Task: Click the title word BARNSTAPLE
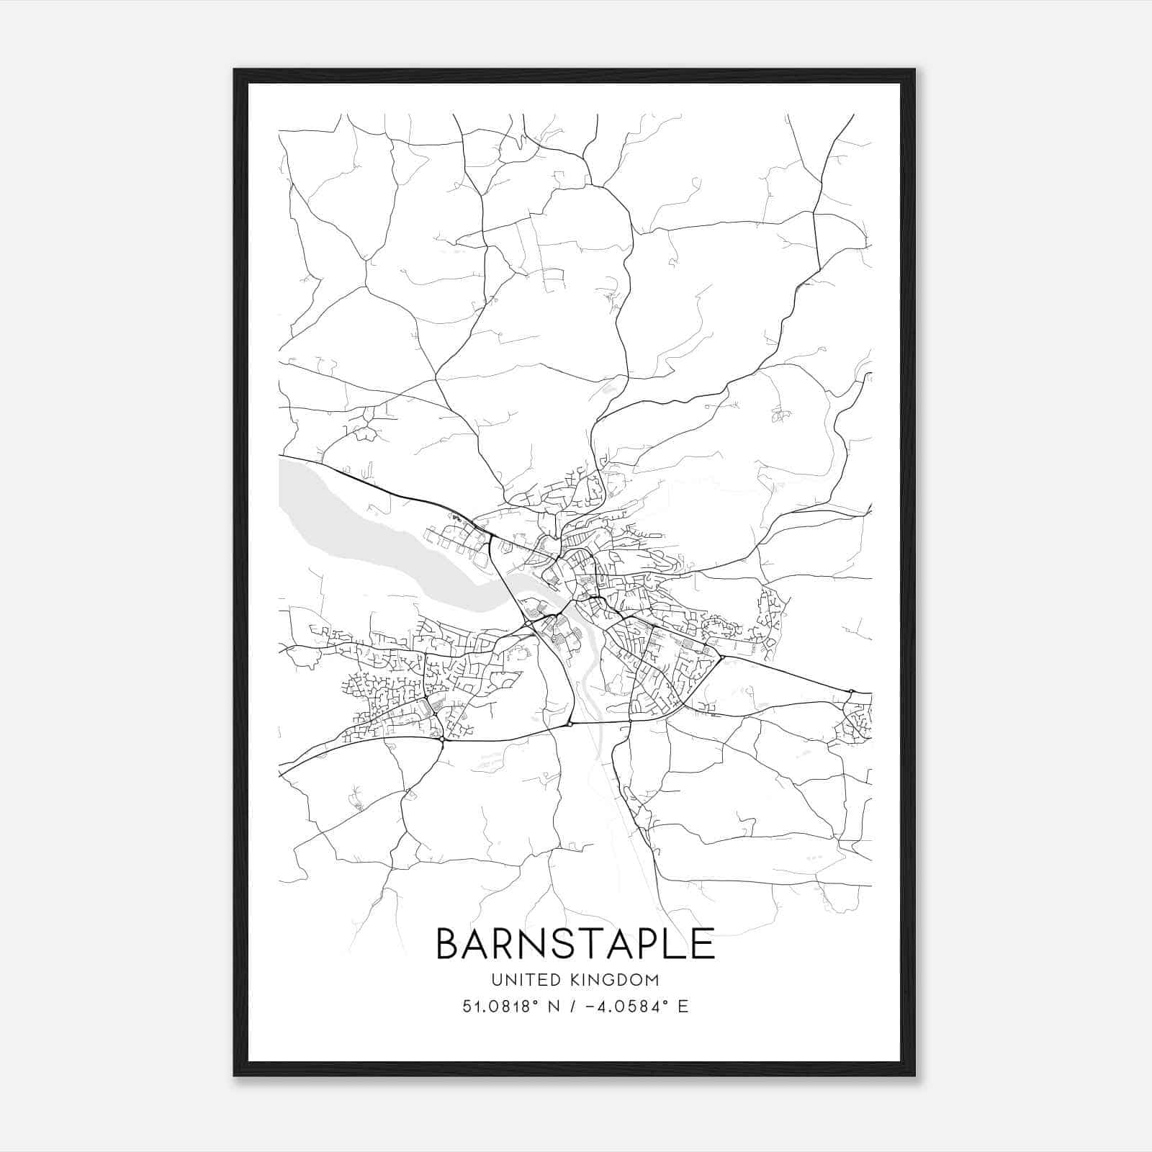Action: [575, 944]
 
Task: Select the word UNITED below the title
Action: [517, 980]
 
